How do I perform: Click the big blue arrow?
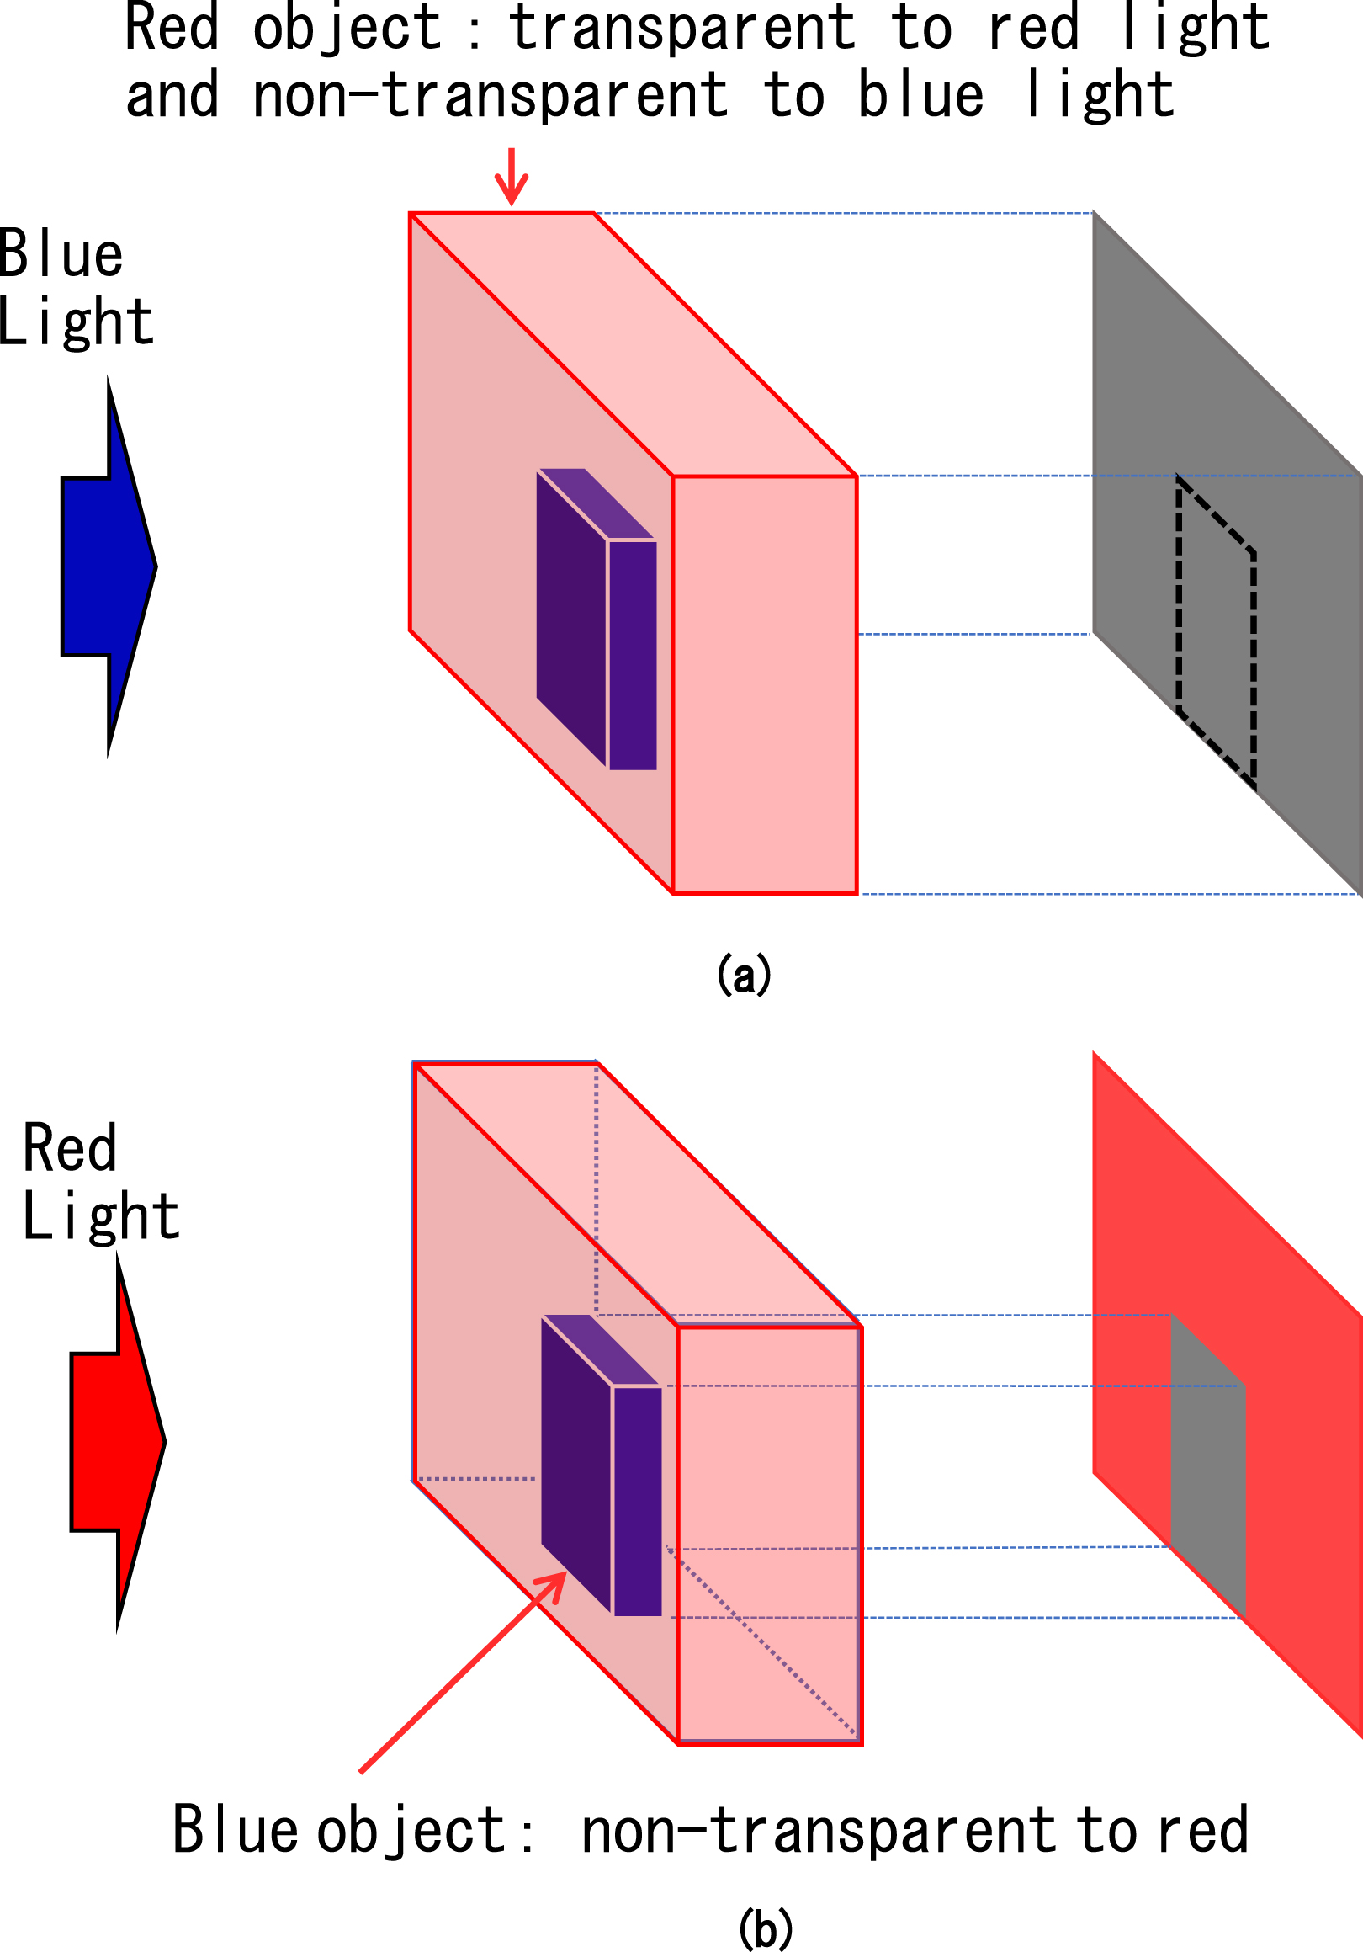[x=109, y=566]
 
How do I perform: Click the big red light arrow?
[x=117, y=1442]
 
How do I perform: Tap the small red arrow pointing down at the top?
[x=511, y=177]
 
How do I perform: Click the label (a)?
[x=744, y=975]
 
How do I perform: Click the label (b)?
[x=766, y=1928]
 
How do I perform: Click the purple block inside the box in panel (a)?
[x=597, y=619]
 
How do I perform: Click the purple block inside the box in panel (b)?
[x=602, y=1465]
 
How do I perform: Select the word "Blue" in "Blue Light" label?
[x=61, y=254]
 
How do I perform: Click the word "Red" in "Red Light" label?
[x=69, y=1147]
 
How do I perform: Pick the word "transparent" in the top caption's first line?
[x=681, y=28]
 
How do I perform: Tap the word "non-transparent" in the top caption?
[x=491, y=94]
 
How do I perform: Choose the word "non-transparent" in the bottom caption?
[x=819, y=1830]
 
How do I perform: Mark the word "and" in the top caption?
[x=172, y=95]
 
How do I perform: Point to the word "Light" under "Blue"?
[x=77, y=322]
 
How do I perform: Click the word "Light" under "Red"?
[x=101, y=1215]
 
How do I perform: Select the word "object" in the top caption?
[x=347, y=29]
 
